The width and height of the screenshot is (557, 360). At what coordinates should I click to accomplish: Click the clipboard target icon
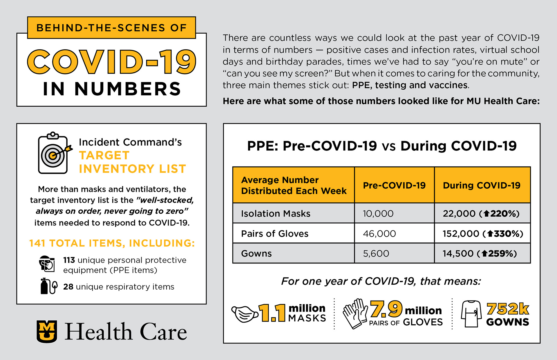(x=54, y=153)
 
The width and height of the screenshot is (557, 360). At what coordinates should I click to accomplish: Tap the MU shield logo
(x=47, y=331)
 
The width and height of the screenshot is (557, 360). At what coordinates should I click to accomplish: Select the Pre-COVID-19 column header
(x=394, y=185)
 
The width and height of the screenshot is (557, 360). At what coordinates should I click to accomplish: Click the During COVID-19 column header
(x=482, y=185)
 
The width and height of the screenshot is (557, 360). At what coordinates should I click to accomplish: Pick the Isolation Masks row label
(x=276, y=214)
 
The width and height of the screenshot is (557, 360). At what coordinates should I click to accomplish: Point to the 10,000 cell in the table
(x=378, y=214)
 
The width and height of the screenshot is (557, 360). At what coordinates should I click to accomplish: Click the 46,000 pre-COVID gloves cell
(x=379, y=234)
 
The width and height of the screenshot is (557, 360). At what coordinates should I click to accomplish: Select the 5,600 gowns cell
(x=376, y=254)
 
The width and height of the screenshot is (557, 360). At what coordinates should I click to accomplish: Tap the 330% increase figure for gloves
(x=505, y=234)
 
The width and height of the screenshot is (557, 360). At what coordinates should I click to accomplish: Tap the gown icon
(x=471, y=314)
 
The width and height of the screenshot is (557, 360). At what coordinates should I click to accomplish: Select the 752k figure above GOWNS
(x=508, y=309)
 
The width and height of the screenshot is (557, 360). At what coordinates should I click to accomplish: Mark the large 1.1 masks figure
(x=272, y=313)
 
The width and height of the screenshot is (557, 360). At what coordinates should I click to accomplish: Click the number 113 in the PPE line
(x=69, y=260)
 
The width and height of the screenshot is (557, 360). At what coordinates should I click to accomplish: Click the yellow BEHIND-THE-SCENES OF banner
(x=111, y=28)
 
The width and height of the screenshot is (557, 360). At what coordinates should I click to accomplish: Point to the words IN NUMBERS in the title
(x=112, y=89)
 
